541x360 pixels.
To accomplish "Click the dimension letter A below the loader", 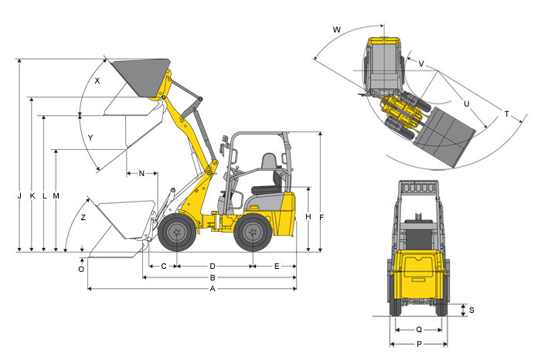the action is tap(213, 289).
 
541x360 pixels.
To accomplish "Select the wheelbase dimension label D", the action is tap(213, 267).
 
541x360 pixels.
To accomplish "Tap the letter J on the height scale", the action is tap(19, 196).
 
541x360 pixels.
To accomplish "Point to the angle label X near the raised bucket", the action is tap(97, 80).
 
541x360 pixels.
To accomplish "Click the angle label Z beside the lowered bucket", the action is tap(83, 218).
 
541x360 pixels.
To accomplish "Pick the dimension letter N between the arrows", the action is tap(141, 174).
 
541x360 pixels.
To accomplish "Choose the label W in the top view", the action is tap(337, 29).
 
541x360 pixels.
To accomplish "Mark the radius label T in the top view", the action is tap(506, 114).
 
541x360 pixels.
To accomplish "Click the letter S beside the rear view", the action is tap(471, 310).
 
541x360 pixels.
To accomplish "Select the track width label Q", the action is tap(419, 330).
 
